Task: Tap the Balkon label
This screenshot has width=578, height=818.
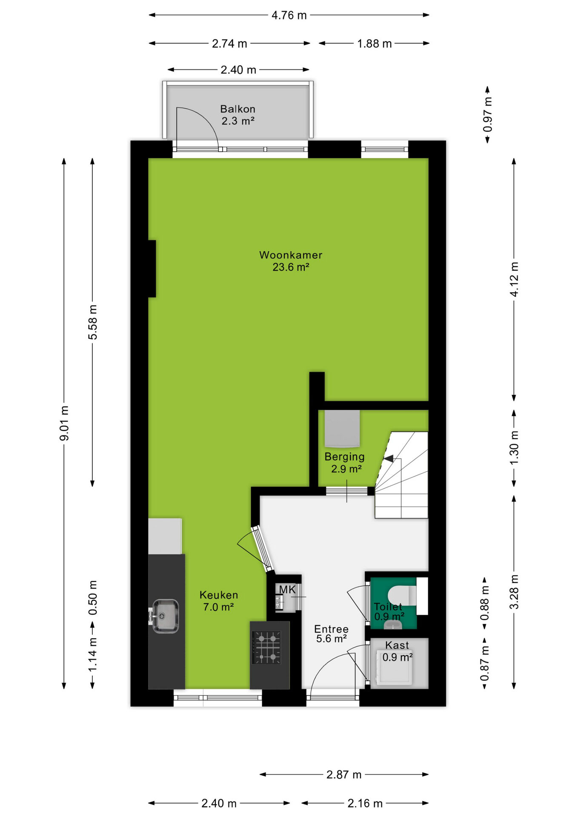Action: point(237,109)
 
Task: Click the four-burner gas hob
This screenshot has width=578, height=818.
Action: point(267,648)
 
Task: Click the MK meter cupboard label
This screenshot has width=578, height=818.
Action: point(287,589)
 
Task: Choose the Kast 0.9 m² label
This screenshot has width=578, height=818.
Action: point(398,651)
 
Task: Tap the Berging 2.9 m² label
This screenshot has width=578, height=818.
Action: point(345,463)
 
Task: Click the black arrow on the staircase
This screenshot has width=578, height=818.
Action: point(389,458)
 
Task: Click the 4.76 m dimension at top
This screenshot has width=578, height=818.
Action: point(289,15)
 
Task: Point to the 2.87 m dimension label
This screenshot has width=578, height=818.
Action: point(344,775)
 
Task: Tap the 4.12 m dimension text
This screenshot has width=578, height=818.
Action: point(514,279)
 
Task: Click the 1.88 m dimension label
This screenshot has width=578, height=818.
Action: point(374,43)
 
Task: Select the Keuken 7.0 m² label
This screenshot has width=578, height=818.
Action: point(219,601)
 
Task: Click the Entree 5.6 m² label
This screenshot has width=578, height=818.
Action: point(331,634)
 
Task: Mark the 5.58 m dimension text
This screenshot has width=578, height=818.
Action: point(92,322)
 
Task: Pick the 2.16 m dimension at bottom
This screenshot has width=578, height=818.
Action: point(365,804)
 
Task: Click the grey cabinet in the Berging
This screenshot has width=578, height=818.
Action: point(342,428)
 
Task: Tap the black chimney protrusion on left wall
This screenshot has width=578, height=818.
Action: point(152,269)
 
